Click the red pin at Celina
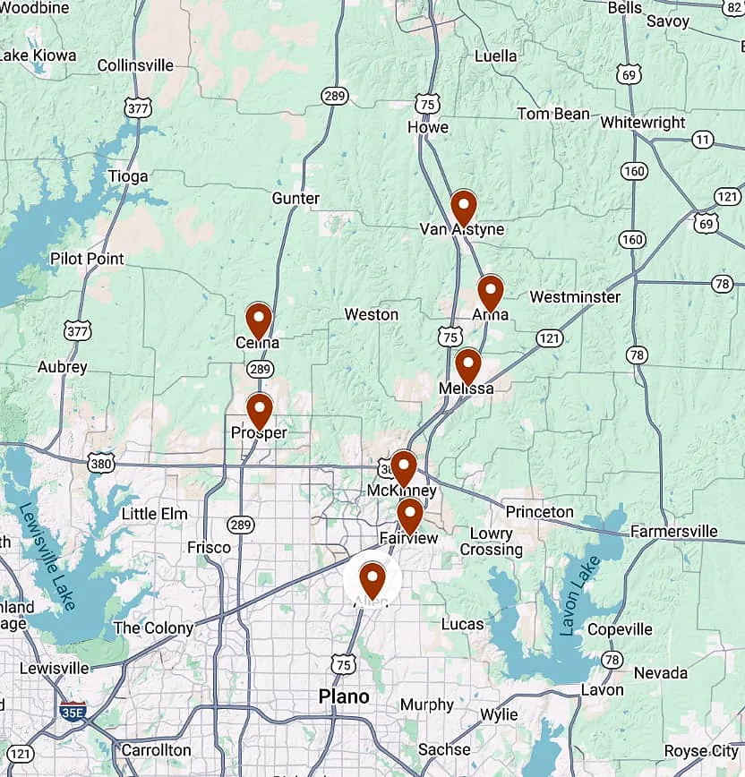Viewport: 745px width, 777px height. pyautogui.click(x=259, y=320)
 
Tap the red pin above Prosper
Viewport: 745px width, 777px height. pyautogui.click(x=259, y=409)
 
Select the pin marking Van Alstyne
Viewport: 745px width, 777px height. pyautogui.click(x=463, y=207)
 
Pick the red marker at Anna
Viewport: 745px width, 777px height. pyautogui.click(x=490, y=291)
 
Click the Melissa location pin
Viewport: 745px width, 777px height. pyautogui.click(x=467, y=364)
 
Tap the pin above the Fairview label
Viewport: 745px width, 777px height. pyautogui.click(x=409, y=514)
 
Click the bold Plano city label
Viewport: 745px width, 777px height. pyautogui.click(x=344, y=696)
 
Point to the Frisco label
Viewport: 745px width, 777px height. pyautogui.click(x=209, y=547)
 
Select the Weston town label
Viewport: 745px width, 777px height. pyautogui.click(x=372, y=314)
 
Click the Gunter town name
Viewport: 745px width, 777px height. pyautogui.click(x=295, y=198)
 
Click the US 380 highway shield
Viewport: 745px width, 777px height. pyautogui.click(x=101, y=463)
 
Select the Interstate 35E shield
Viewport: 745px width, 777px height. pyautogui.click(x=73, y=712)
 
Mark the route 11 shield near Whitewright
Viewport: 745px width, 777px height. pyautogui.click(x=703, y=140)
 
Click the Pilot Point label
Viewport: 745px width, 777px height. pyautogui.click(x=87, y=259)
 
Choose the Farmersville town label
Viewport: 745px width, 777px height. pyautogui.click(x=673, y=531)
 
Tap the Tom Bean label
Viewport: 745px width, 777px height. pyautogui.click(x=553, y=114)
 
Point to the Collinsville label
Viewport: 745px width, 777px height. pyautogui.click(x=135, y=65)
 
